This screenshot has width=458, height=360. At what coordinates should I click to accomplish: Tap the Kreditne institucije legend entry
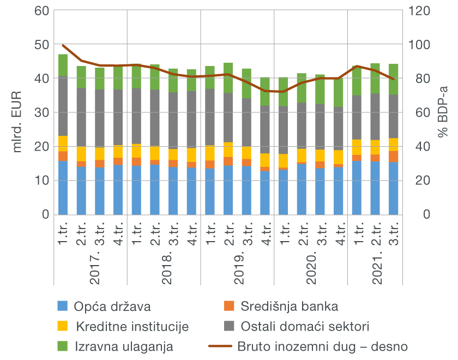[x=132, y=327]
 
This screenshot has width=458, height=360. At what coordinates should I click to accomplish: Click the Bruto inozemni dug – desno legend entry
[x=322, y=346]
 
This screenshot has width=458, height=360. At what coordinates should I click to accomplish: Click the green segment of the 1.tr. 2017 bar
[x=63, y=65]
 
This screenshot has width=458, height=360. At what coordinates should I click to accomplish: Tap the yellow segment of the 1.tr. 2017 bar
[x=63, y=143]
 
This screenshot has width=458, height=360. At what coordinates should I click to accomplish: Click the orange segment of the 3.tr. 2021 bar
[x=393, y=156]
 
